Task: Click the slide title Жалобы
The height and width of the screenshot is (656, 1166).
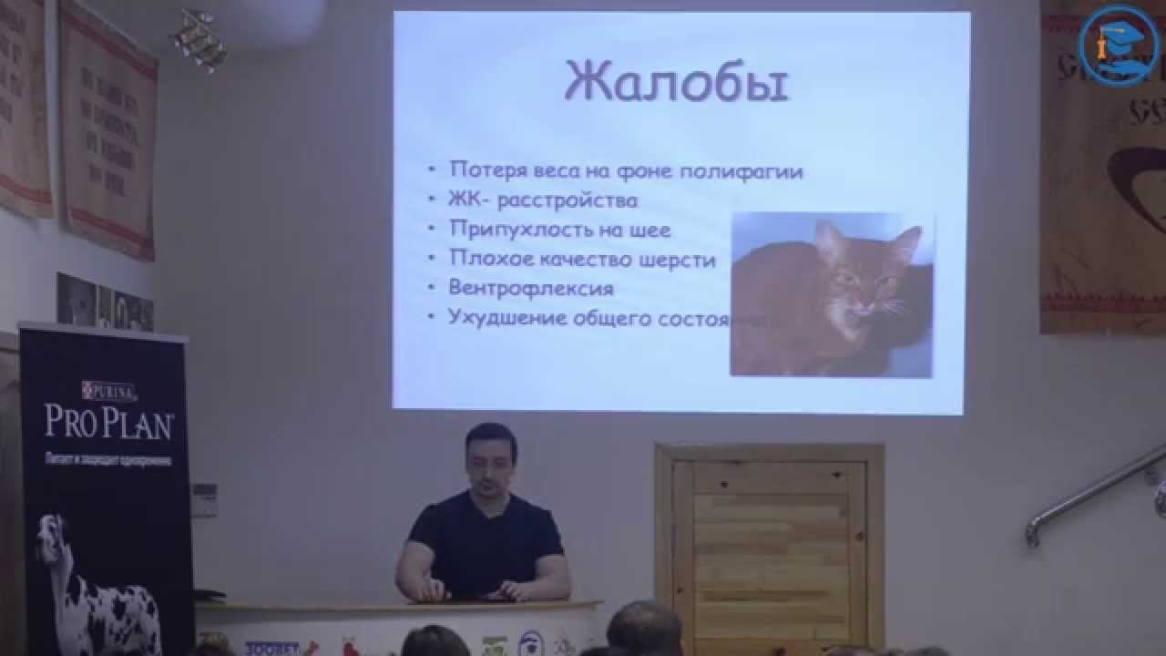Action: point(676,82)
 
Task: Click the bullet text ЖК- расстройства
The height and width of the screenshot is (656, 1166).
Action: point(543,200)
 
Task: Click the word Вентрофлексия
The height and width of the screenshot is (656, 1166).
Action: point(531,287)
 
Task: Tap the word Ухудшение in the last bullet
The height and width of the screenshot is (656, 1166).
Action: point(506,317)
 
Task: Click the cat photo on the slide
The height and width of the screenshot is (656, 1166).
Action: point(831,293)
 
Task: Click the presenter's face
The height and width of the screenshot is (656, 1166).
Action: point(491,458)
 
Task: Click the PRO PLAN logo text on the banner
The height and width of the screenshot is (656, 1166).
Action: point(108,422)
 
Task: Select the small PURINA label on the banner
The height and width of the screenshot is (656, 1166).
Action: point(109,392)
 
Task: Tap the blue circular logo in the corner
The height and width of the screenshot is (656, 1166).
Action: point(1119,45)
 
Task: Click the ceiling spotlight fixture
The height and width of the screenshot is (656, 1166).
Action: point(199,38)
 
